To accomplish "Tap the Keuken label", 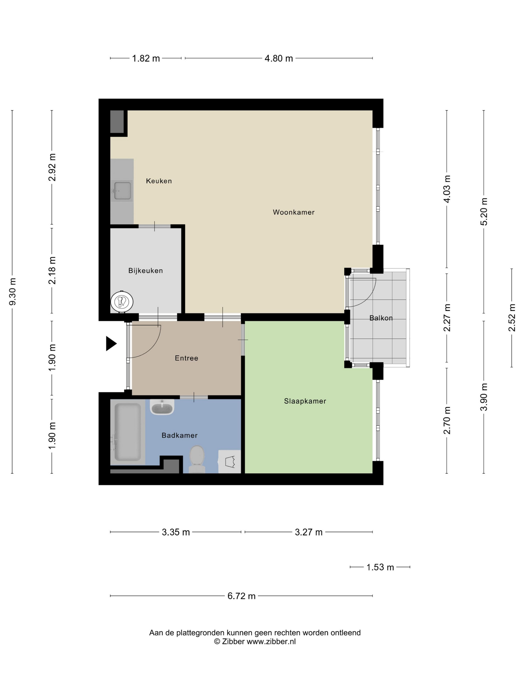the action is pyautogui.click(x=159, y=181).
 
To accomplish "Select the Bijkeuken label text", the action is pyautogui.click(x=146, y=271).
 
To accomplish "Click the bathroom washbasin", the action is pyautogui.click(x=162, y=407).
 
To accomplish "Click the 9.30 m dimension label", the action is pyautogui.click(x=13, y=292).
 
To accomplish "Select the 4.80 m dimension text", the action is pyautogui.click(x=278, y=58).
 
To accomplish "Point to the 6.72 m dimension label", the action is pyautogui.click(x=241, y=596).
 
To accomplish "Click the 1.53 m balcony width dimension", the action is pyautogui.click(x=380, y=567).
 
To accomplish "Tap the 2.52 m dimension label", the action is pyautogui.click(x=512, y=318).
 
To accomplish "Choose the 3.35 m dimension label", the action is pyautogui.click(x=176, y=532).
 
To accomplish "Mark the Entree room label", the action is pyautogui.click(x=186, y=358).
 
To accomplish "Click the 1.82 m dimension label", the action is pyautogui.click(x=146, y=58).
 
